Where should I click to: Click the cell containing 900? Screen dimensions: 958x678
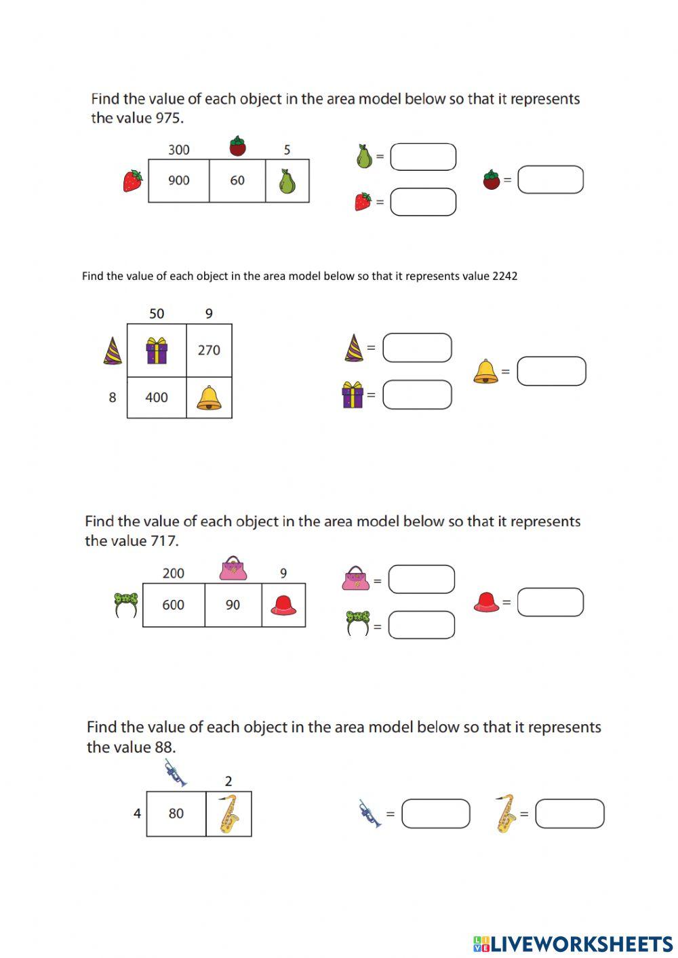coord(178,181)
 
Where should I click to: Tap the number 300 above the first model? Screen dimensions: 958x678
coord(178,150)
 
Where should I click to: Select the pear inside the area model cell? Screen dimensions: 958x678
coord(287,181)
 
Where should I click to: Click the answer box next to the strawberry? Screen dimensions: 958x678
coord(423,202)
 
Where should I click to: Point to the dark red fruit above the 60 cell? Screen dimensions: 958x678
coord(237,146)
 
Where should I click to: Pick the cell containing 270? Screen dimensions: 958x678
coord(209,351)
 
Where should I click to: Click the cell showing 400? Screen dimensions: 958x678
coord(157,398)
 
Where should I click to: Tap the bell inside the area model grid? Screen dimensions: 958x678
coord(209,398)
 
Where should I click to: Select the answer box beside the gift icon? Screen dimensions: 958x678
coord(417,395)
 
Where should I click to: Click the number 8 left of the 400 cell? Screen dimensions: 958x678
coord(113,398)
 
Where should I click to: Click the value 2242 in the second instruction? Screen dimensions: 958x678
coord(504,276)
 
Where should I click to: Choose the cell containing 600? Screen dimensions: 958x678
coord(174,605)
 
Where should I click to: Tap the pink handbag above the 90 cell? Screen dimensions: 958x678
coord(233,568)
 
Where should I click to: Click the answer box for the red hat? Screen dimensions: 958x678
coord(550,602)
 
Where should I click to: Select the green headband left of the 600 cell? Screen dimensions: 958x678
coord(126,604)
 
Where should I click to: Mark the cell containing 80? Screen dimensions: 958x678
coord(176,814)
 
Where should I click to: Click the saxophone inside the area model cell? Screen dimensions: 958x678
coord(229,814)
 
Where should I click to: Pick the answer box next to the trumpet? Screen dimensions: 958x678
coord(435,814)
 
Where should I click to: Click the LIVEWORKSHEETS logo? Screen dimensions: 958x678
coord(573,943)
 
